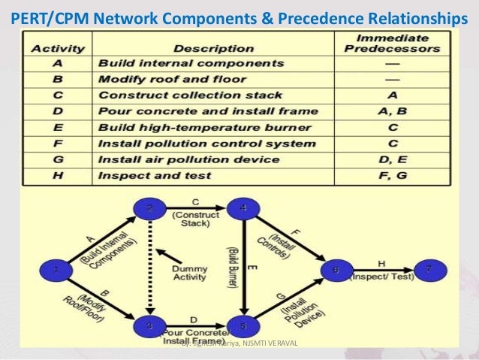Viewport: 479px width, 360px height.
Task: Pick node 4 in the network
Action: click(243, 209)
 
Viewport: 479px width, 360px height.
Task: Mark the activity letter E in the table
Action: click(53, 127)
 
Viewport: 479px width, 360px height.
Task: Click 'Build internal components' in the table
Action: click(180, 63)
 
